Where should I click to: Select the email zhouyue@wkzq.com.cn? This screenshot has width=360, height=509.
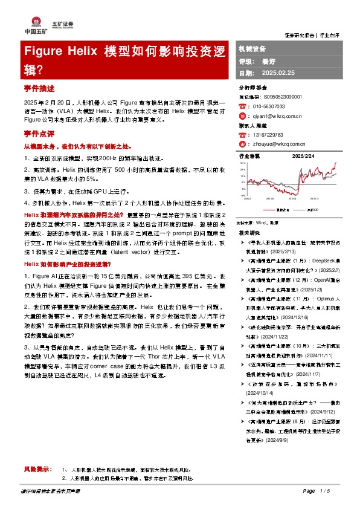pos(280,145)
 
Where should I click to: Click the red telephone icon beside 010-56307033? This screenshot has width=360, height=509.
pos(242,106)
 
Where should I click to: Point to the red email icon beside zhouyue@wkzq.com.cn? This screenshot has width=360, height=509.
pos(242,145)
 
